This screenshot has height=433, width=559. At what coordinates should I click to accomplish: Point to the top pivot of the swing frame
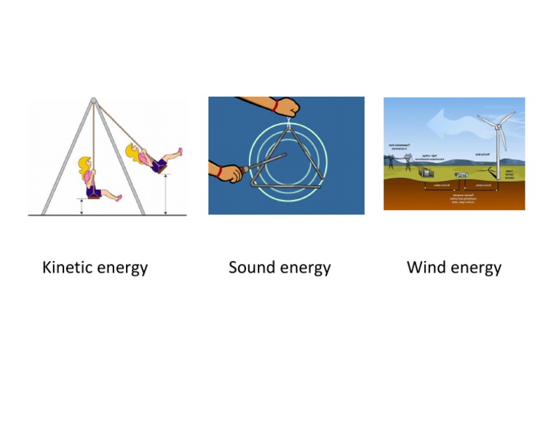click(93, 101)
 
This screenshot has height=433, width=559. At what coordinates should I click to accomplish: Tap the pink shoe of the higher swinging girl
click(179, 152)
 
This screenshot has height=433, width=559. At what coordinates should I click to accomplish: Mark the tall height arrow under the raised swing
click(166, 193)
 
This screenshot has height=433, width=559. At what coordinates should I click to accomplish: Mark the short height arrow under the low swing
click(82, 207)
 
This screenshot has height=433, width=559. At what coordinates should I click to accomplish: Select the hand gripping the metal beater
click(226, 173)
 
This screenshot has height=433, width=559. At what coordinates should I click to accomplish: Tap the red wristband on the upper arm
click(275, 106)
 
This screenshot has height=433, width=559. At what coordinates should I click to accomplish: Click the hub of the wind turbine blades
click(499, 125)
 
